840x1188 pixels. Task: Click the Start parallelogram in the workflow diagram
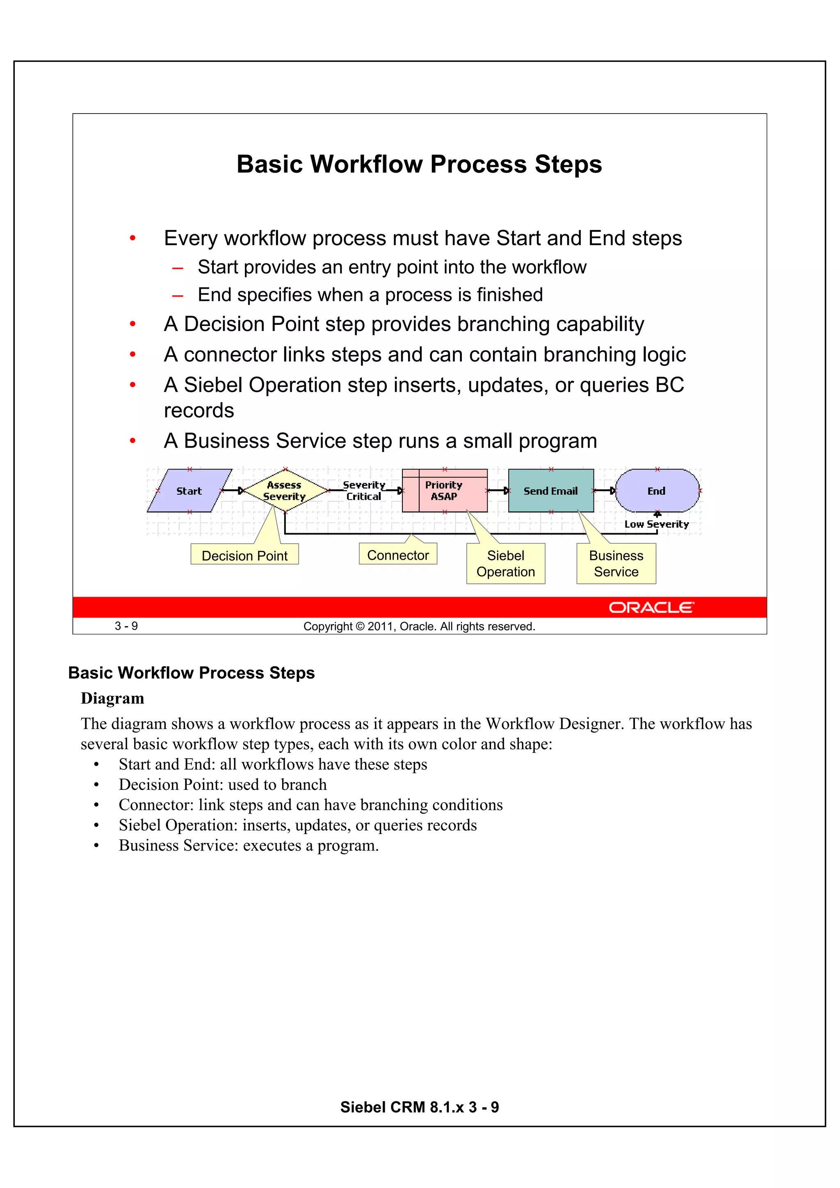189,490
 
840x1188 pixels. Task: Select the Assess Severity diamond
285,490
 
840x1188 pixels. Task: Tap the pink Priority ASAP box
445,490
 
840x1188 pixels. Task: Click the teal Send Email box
551,490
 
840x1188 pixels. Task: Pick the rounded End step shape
657,490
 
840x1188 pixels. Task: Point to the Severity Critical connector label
364,490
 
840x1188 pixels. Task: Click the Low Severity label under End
656,524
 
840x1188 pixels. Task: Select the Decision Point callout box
245,555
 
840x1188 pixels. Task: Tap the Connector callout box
398,555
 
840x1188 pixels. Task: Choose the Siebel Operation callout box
506,563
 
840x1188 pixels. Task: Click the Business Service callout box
616,563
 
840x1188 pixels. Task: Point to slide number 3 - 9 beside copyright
126,626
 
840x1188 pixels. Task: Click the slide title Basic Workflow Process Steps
419,164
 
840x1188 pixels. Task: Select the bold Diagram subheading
112,698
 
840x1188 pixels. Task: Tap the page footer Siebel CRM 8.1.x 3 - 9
419,1107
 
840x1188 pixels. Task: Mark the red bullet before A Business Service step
132,441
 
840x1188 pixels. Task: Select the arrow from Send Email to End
605,490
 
